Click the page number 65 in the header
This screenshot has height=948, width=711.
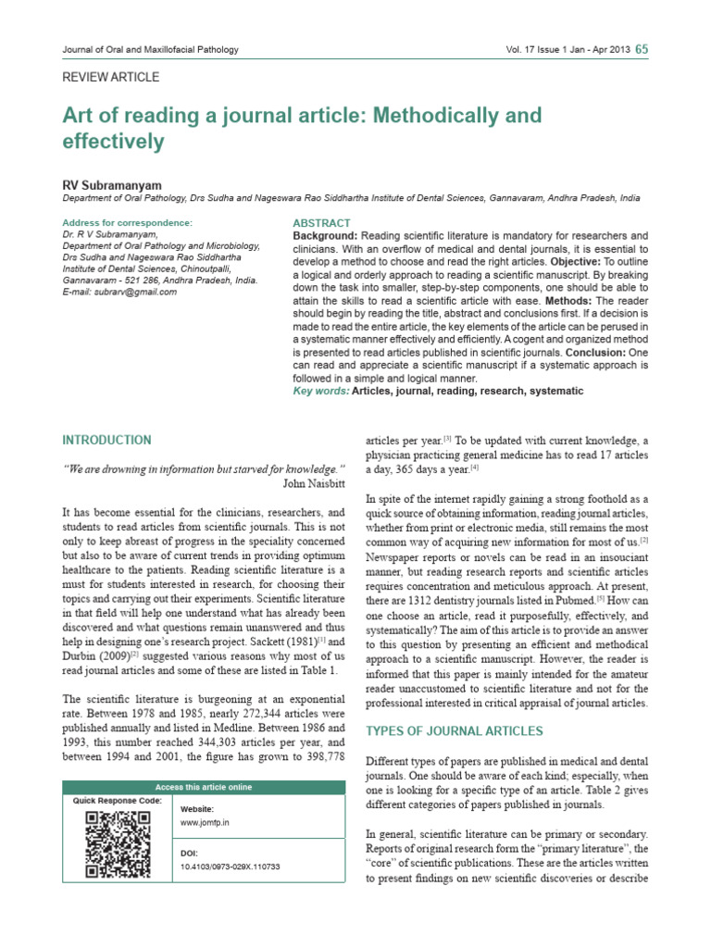tap(642, 49)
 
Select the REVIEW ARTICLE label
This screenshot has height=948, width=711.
tap(110, 78)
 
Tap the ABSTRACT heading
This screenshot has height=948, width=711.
tap(321, 223)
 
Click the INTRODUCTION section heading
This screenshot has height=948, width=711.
tap(106, 440)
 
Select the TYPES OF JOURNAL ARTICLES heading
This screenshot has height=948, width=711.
tap(455, 731)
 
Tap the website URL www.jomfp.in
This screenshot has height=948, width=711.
tap(204, 821)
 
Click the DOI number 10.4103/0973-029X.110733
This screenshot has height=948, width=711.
tap(230, 867)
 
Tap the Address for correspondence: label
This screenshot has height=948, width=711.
tap(127, 223)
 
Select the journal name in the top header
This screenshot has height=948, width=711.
tap(149, 49)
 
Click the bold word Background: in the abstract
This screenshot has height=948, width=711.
tap(325, 236)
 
